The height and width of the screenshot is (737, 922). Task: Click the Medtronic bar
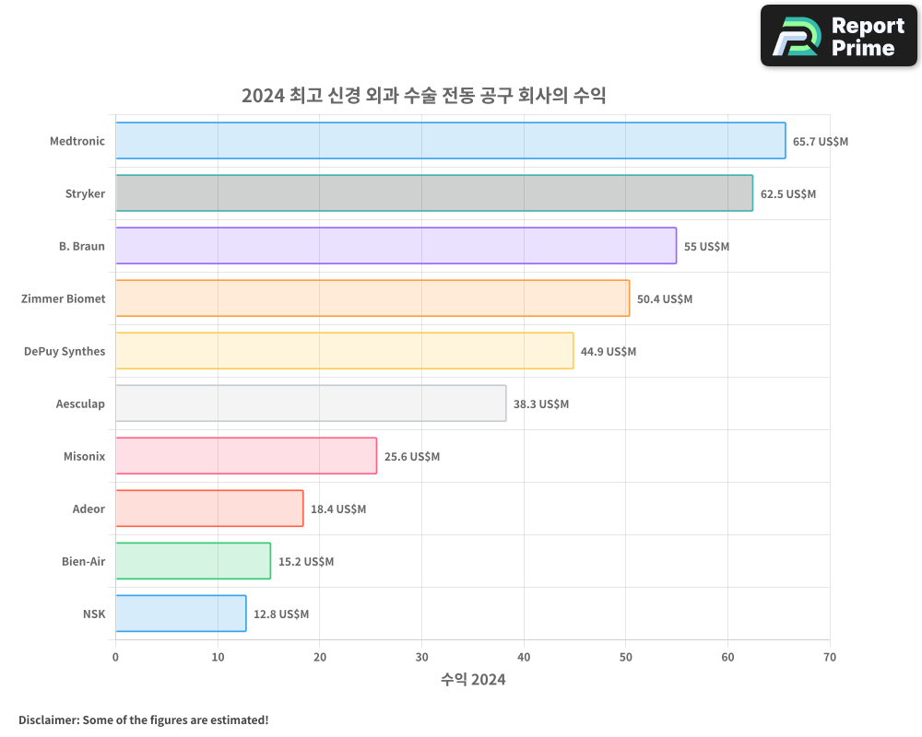coord(450,141)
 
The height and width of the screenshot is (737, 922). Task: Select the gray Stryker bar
coord(433,193)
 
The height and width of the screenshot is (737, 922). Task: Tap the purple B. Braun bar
coord(396,246)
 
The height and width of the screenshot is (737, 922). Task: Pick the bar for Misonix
coord(246,456)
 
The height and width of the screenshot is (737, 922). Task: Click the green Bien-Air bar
coord(193,561)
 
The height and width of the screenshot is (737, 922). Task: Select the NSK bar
coord(181,614)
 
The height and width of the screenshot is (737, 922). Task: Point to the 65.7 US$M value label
coord(821,142)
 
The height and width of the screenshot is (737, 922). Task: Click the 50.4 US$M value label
coord(665,299)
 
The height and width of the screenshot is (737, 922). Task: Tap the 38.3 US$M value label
coord(541,404)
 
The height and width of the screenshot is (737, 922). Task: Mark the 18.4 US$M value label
coord(338,509)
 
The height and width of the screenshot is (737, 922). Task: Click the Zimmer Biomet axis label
coord(64,298)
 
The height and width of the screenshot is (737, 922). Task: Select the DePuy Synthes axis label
coord(65,351)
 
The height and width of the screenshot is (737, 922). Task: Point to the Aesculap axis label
coord(80,404)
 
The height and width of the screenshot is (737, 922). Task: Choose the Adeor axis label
coord(89,509)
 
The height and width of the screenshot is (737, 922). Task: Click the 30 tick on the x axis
coord(421,657)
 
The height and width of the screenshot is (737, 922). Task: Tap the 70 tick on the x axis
coord(830,657)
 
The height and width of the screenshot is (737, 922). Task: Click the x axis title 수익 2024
coord(473,680)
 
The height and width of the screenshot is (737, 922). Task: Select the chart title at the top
coord(423,95)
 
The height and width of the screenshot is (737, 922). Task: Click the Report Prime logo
coord(839,36)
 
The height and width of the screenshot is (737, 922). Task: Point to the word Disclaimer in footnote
coord(47,719)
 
